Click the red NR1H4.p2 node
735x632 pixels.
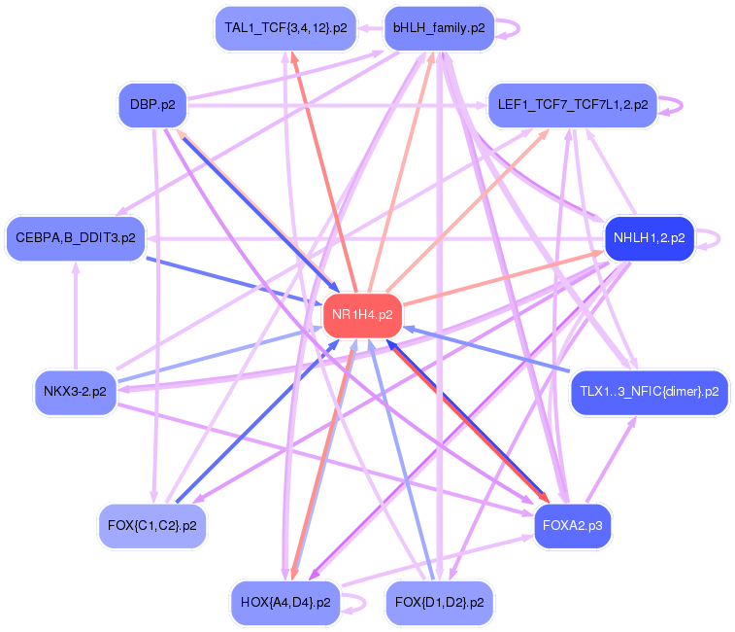point(362,315)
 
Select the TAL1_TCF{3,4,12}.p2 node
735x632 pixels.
point(284,28)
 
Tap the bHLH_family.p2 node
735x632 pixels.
point(439,28)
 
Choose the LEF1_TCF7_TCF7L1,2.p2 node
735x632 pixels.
point(572,105)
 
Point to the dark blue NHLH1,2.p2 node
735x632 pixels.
point(648,237)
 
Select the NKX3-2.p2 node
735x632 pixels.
point(75,392)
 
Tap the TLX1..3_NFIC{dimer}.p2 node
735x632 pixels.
point(649,392)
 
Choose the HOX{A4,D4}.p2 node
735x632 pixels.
point(284,603)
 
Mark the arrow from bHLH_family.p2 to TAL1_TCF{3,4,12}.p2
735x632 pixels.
point(369,28)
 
